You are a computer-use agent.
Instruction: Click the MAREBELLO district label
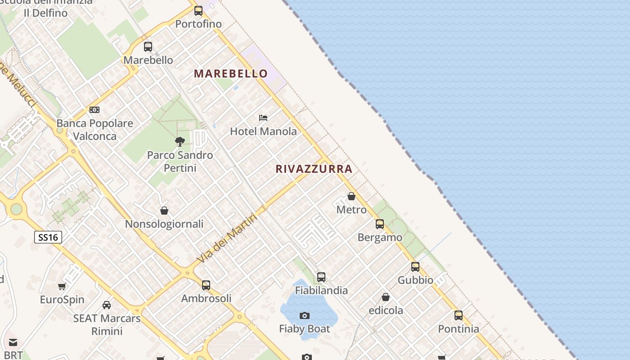click(231, 73)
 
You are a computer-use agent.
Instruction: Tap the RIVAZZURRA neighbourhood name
click(314, 169)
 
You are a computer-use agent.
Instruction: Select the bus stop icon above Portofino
click(198, 11)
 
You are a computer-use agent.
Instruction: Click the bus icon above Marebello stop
click(148, 46)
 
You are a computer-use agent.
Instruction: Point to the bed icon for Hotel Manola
click(263, 118)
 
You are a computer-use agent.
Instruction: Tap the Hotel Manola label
click(263, 131)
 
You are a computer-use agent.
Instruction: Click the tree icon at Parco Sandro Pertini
click(180, 142)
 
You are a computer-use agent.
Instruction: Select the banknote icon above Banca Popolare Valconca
click(94, 110)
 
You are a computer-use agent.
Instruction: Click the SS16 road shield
click(48, 237)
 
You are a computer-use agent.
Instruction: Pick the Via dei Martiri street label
click(227, 238)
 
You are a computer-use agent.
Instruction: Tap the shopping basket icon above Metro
click(351, 196)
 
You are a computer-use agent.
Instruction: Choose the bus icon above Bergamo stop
click(380, 224)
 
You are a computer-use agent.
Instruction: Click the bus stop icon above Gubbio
click(415, 266)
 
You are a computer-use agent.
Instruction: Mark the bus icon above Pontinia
click(459, 315)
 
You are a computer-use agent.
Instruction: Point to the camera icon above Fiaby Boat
click(305, 315)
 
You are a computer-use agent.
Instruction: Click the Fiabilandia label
click(321, 291)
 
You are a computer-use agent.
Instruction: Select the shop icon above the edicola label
click(386, 297)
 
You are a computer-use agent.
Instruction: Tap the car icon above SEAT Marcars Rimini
click(107, 305)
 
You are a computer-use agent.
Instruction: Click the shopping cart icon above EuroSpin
click(62, 286)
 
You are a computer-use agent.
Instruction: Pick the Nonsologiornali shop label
click(164, 224)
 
